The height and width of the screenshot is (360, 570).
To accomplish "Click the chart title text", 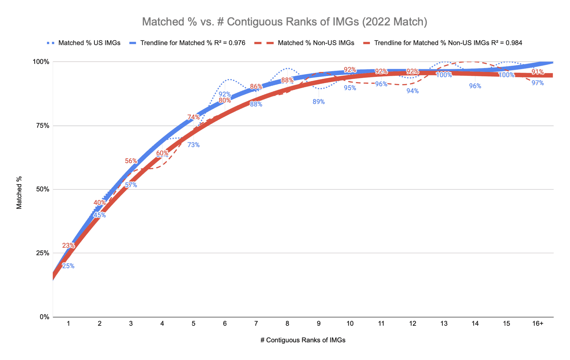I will click(284, 22).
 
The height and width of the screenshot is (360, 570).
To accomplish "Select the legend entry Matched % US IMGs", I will click(89, 43).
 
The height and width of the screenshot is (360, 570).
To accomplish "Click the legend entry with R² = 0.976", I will click(193, 43).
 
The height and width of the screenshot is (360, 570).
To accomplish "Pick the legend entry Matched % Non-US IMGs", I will click(316, 43).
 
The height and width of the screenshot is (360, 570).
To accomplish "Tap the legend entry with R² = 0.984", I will click(448, 43).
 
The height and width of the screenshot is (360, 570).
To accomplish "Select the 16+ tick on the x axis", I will click(537, 324).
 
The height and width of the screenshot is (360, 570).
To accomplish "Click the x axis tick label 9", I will click(318, 324).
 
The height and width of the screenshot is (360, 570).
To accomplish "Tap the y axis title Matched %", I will click(19, 193).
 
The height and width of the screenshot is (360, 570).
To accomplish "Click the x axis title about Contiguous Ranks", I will click(303, 340).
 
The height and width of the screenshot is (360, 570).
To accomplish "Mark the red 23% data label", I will click(68, 246).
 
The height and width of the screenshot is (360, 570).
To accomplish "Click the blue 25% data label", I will click(68, 266).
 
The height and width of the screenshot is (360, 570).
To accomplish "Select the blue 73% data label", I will click(193, 145).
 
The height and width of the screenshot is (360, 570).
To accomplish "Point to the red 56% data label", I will click(131, 161).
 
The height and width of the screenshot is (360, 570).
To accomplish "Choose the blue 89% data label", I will click(318, 102).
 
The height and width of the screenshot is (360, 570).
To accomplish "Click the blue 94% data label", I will click(412, 91).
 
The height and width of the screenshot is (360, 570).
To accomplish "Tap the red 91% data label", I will click(537, 72).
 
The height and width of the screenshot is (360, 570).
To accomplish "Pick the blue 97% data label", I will click(537, 83).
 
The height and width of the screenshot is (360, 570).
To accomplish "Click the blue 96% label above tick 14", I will click(475, 86).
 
